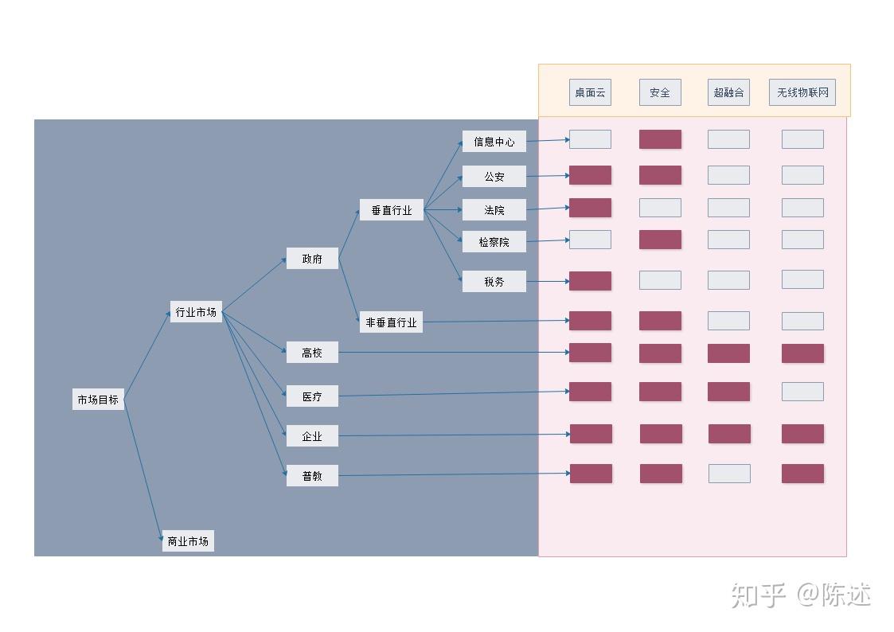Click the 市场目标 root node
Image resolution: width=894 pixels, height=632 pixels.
click(98, 400)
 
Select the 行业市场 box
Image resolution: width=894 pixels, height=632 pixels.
click(196, 312)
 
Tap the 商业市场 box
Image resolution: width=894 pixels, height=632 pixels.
click(188, 540)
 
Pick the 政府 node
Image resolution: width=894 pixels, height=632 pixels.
click(312, 258)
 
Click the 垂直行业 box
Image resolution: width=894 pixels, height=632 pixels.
click(391, 209)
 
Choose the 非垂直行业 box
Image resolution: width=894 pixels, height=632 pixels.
click(391, 322)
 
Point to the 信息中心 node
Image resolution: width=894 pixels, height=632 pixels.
click(494, 142)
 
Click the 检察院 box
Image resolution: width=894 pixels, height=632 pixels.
click(494, 242)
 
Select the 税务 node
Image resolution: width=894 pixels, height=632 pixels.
click(494, 281)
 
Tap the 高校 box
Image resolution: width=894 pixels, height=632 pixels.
click(312, 352)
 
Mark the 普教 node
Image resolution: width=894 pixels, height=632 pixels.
click(312, 475)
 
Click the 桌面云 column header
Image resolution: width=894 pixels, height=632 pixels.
click(590, 92)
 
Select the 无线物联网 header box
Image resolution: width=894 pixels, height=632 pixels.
click(802, 92)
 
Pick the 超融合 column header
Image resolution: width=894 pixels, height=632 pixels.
click(728, 92)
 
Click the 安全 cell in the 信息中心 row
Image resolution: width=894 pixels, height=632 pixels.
click(660, 139)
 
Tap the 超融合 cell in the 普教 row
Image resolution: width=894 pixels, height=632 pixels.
click(729, 474)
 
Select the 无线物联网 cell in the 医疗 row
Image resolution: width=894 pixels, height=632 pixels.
click(802, 392)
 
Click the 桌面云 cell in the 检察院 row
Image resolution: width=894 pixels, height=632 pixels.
click(590, 240)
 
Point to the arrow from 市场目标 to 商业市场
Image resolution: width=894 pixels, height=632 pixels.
click(143, 469)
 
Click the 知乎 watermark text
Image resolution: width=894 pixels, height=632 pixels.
click(759, 595)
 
